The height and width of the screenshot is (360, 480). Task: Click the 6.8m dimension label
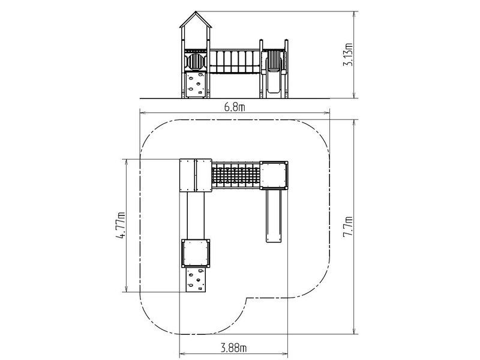point(235,107)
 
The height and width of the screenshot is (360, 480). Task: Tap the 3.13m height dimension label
point(348,55)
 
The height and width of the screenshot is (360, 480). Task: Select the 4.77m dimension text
point(121,225)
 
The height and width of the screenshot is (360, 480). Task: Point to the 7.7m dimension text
point(348,227)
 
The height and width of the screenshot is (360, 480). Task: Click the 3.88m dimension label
point(234,348)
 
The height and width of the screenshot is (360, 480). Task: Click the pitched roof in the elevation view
point(196,20)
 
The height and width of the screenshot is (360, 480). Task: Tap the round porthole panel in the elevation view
point(195,62)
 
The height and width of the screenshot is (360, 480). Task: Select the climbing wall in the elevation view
point(196,85)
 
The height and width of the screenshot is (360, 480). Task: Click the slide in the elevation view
point(274,74)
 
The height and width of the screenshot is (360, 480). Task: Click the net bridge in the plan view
point(236,175)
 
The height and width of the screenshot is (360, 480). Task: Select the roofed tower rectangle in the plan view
point(196,175)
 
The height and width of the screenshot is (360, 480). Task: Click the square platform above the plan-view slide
point(274,175)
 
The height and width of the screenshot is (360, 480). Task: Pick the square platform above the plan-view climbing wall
point(196,253)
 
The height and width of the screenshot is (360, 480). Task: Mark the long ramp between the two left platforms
point(196,215)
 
